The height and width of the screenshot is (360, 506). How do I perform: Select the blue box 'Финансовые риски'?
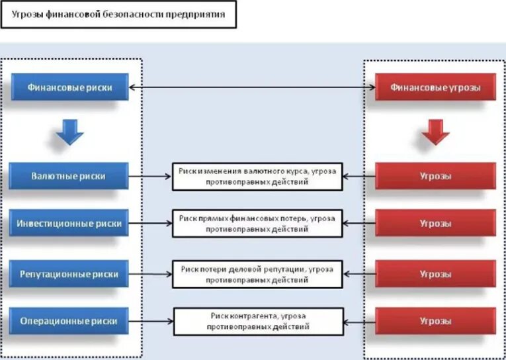pyautogui.click(x=69, y=87)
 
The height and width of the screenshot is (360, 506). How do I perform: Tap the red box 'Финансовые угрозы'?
pyautogui.click(x=435, y=87)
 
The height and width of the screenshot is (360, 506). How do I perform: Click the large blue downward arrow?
pyautogui.click(x=69, y=133)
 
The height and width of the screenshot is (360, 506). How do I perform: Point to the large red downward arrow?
pyautogui.click(x=435, y=133)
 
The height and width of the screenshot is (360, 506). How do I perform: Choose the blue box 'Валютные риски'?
pyautogui.click(x=69, y=176)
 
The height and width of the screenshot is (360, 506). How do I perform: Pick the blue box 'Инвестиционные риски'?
pyautogui.click(x=69, y=224)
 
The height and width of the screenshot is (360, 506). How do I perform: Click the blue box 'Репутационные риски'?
pyautogui.click(x=69, y=273)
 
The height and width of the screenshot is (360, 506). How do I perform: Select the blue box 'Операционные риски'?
pyautogui.click(x=69, y=321)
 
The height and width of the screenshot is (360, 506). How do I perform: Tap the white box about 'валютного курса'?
pyautogui.click(x=257, y=177)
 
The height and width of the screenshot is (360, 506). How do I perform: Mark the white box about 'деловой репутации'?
pyautogui.click(x=257, y=273)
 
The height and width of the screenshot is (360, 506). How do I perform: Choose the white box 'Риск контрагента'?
pyautogui.click(x=257, y=322)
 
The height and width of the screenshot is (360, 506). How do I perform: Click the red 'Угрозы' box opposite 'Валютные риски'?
pyautogui.click(x=435, y=176)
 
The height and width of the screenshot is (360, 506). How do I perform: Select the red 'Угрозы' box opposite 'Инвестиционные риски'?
pyautogui.click(x=435, y=224)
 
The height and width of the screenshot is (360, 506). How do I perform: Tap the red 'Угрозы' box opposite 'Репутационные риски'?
pyautogui.click(x=435, y=273)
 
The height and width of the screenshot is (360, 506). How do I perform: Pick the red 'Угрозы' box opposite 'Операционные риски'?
pyautogui.click(x=435, y=321)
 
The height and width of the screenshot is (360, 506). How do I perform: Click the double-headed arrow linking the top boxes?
pyautogui.click(x=251, y=87)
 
